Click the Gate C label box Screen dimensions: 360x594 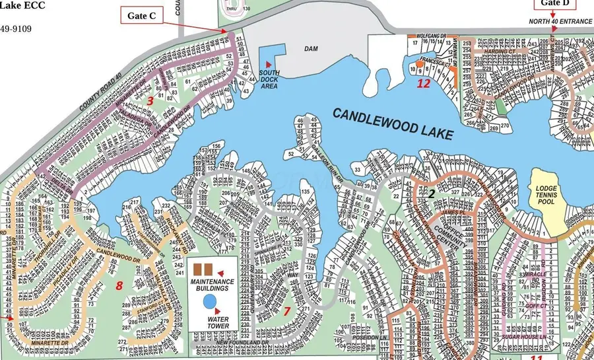click(142, 15)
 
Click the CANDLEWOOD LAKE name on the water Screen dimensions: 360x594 click(393, 123)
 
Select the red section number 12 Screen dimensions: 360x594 click(423, 83)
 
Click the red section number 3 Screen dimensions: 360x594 click(150, 100)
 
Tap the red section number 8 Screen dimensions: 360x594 click(119, 285)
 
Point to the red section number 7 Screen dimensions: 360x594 click(287, 311)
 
